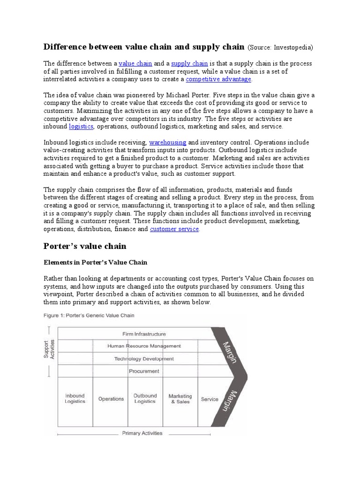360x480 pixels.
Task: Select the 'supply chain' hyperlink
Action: click(x=189, y=63)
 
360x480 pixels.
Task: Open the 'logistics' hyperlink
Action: click(x=81, y=127)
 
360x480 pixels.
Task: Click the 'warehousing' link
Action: click(x=167, y=142)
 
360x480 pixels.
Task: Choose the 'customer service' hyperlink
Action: click(x=174, y=229)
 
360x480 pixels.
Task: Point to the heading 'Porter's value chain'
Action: click(x=85, y=246)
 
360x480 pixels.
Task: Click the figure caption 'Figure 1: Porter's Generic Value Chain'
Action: click(x=89, y=315)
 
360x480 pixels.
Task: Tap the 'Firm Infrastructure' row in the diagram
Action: click(x=144, y=334)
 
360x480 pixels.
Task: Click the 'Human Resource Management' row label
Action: click(x=144, y=346)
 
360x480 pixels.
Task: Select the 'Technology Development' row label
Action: click(x=144, y=359)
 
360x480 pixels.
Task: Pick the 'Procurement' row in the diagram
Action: click(x=144, y=371)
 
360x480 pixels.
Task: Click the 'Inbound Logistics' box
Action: click(x=75, y=399)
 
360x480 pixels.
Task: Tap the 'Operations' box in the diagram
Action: click(x=111, y=399)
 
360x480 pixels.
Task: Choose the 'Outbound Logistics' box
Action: click(x=145, y=399)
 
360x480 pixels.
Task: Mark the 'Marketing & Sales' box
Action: click(x=180, y=399)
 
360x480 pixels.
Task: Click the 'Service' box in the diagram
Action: click(x=210, y=399)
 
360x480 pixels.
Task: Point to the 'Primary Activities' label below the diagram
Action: click(x=142, y=433)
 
